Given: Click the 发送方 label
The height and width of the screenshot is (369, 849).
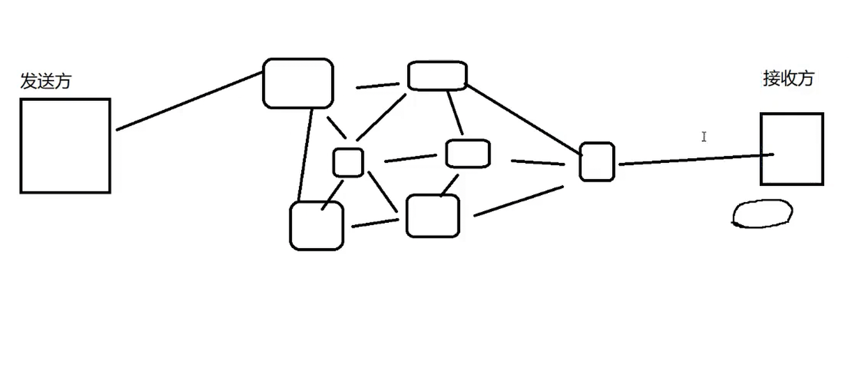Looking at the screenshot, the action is (46, 82).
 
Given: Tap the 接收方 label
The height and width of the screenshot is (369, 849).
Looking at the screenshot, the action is (788, 78).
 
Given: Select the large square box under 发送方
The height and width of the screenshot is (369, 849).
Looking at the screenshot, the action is (65, 146).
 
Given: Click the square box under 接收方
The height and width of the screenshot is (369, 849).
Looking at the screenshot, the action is (792, 149).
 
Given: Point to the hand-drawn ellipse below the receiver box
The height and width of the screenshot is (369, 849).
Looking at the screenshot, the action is (763, 213).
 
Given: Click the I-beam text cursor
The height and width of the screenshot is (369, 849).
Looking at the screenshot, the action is (704, 136).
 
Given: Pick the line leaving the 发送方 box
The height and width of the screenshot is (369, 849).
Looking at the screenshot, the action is (187, 101).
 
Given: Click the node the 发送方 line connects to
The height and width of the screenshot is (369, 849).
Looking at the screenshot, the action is (298, 83).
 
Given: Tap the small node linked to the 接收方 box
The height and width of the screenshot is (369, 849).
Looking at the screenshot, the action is (597, 162).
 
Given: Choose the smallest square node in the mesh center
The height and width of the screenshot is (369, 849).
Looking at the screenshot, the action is (348, 162).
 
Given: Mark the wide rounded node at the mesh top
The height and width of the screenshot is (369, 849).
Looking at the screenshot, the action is (437, 76).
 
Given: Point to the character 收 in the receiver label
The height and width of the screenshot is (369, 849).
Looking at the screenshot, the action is (788, 78).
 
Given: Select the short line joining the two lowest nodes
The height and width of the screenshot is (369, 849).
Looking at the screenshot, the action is (374, 223).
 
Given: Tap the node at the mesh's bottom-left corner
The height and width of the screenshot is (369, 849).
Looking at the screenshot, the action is (316, 226).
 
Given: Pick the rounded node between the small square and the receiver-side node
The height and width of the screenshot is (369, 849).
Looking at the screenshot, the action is (468, 154).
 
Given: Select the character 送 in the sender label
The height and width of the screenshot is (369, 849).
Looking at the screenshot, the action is (46, 82).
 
